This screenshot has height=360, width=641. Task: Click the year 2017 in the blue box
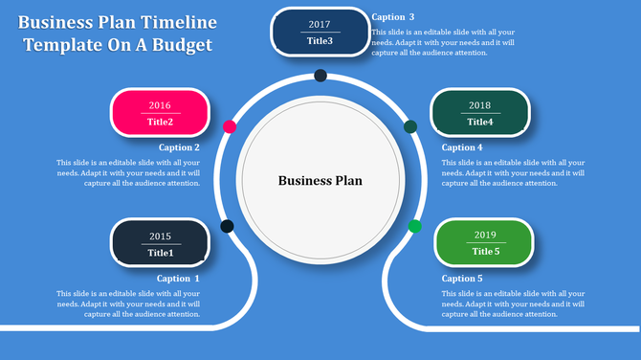(x=320, y=25)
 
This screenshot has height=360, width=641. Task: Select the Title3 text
(x=320, y=41)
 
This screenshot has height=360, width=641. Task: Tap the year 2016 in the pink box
(x=160, y=105)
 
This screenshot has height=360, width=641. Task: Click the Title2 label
(x=160, y=122)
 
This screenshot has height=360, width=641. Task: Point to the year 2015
(x=160, y=236)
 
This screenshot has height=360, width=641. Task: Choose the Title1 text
(x=160, y=253)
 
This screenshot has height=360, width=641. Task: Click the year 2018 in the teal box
(x=480, y=105)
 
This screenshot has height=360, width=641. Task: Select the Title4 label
(x=480, y=122)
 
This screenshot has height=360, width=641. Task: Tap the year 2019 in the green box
(x=485, y=236)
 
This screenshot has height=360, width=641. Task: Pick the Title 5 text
(x=485, y=252)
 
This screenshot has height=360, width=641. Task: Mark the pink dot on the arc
(x=230, y=126)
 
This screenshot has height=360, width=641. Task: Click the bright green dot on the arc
(x=414, y=226)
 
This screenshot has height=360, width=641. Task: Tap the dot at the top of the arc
(x=320, y=76)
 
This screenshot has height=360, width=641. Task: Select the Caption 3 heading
(x=392, y=17)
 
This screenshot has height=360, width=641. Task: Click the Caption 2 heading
(x=179, y=147)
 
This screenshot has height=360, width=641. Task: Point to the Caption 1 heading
(x=179, y=279)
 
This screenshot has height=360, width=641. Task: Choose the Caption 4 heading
(x=462, y=147)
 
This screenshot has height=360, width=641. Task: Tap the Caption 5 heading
(x=462, y=279)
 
